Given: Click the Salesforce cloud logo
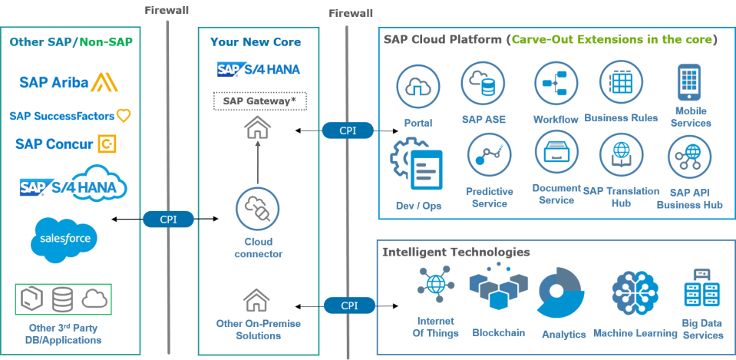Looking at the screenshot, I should (x=65, y=239).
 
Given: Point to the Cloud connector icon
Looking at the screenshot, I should (x=257, y=207).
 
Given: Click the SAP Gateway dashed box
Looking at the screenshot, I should (x=259, y=101).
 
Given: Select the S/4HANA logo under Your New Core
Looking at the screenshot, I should (x=258, y=69).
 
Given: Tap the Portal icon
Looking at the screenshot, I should (x=417, y=87).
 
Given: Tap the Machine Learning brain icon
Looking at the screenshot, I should (x=635, y=294).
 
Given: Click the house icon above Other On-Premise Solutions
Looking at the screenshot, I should (x=257, y=299).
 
